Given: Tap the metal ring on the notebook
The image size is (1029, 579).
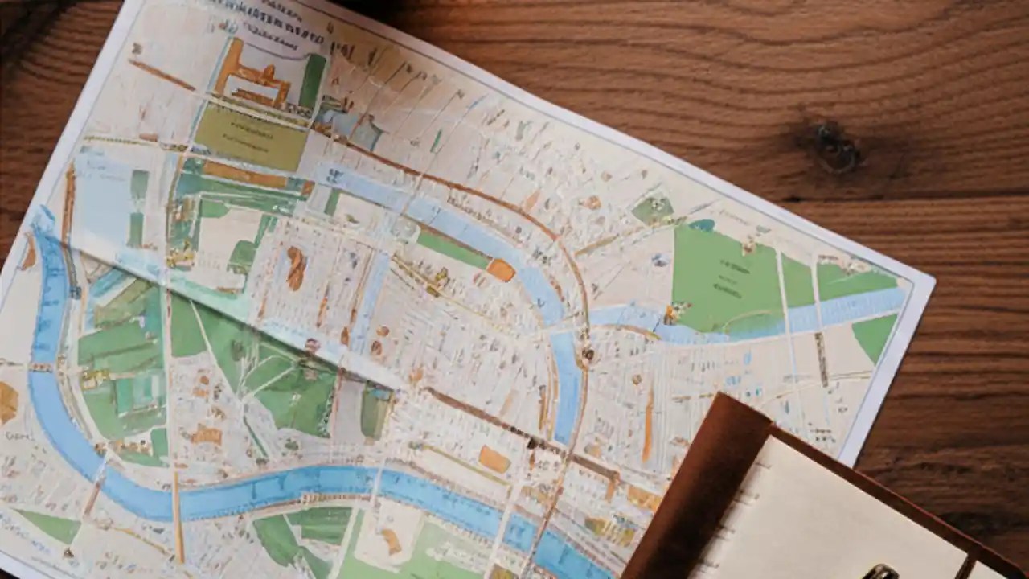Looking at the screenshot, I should point(881,572).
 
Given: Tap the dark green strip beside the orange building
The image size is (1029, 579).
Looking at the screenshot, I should point(313,81).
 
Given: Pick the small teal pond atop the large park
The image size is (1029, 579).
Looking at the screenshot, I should point(701,225).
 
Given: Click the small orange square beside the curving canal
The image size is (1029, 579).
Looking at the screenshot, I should point(501,269).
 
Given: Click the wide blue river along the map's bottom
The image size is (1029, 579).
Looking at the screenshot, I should point(281,487).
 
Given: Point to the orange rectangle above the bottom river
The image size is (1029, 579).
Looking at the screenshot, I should point(494,459).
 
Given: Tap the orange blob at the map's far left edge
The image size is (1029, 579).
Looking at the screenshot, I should point(7,402).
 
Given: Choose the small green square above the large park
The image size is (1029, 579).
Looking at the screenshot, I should point(652,210).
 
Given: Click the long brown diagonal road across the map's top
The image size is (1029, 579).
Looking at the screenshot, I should point(450,181).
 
